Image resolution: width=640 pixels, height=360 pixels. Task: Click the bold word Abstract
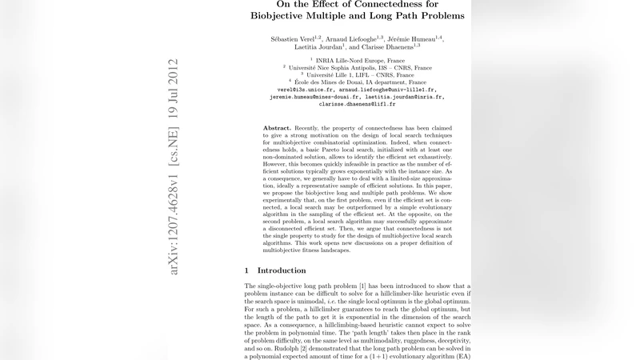[x=277, y=128]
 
